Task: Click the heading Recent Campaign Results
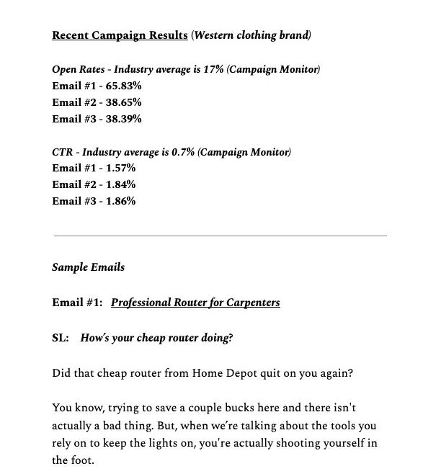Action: tap(120, 35)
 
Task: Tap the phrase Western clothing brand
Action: tap(251, 35)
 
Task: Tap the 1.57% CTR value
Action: tap(120, 168)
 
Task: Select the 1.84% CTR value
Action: tap(120, 184)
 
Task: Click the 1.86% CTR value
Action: tap(120, 201)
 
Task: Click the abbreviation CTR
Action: tap(62, 152)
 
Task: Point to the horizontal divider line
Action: tap(220, 236)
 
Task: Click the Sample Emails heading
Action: tap(88, 267)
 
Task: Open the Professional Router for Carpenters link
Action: tap(195, 303)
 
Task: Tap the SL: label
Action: tap(61, 338)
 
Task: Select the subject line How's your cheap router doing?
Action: tap(156, 338)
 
